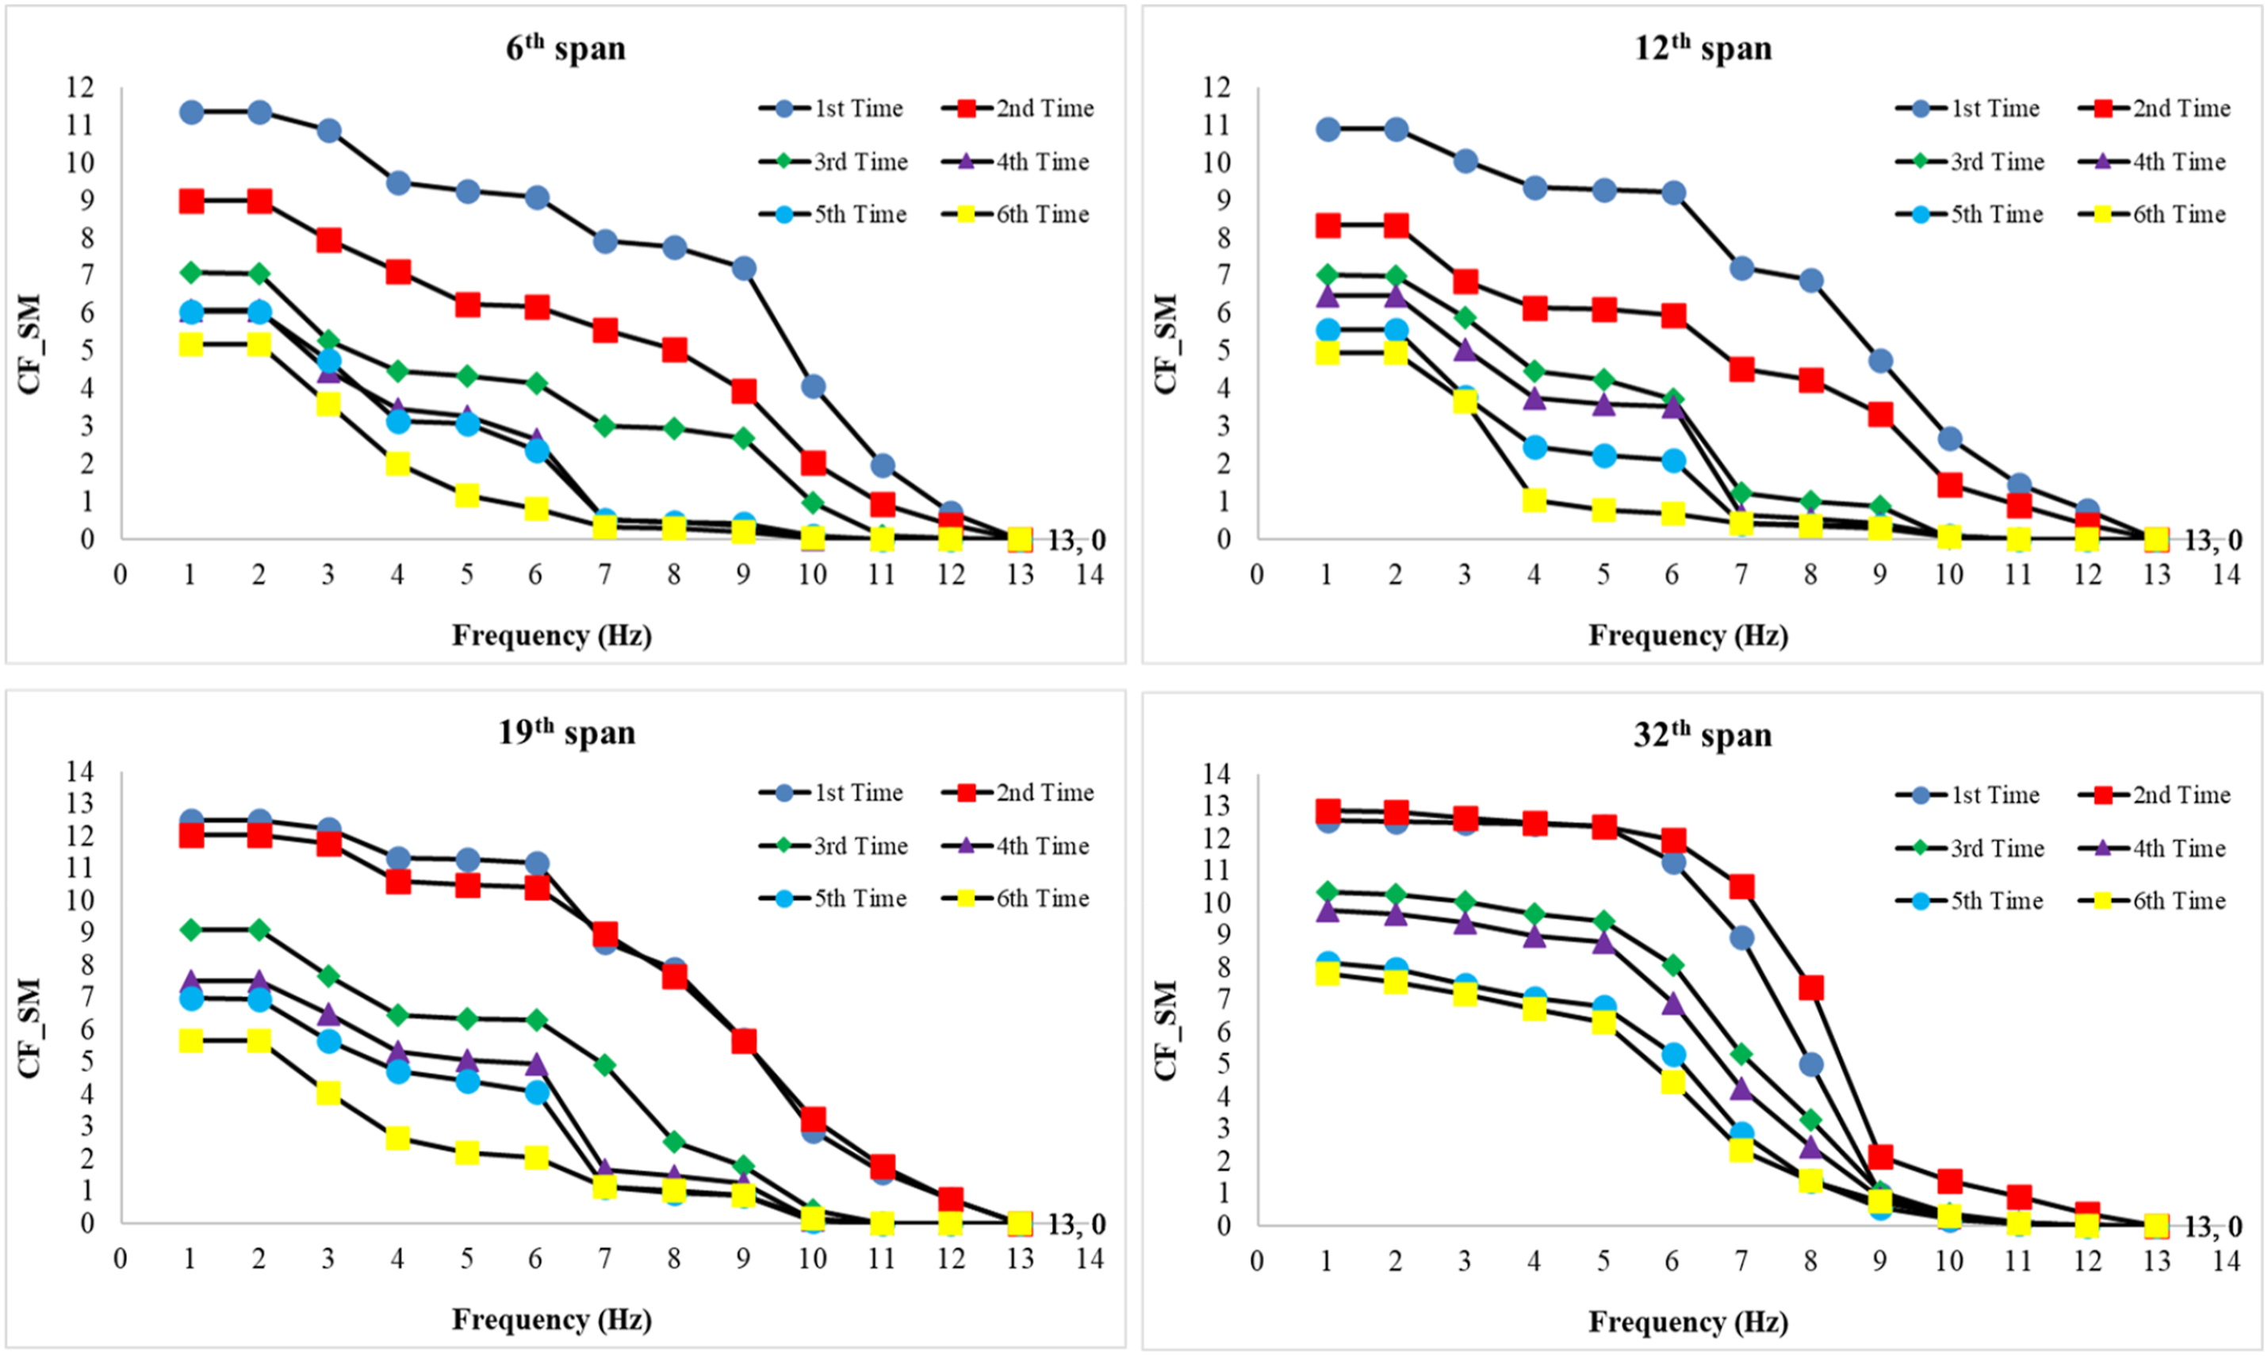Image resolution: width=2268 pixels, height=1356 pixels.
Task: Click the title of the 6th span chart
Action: click(565, 47)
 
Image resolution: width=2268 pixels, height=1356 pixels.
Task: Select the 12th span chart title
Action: click(1703, 47)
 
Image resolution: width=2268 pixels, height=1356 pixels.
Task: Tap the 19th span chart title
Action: click(565, 731)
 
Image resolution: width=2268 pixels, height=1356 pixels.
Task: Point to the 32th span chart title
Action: click(1703, 734)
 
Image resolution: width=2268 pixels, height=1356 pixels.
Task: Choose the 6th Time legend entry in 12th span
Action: click(2153, 215)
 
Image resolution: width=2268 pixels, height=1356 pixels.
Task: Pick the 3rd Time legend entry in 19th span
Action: click(833, 846)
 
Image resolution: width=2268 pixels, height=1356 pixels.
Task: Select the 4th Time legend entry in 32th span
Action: click(2153, 848)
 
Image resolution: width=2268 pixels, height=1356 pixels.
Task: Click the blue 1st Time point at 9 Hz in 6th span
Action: click(744, 269)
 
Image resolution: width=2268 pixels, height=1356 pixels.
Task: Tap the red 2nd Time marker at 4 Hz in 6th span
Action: click(397, 272)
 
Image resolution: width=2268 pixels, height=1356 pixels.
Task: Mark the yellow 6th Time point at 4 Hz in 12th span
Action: click(1534, 500)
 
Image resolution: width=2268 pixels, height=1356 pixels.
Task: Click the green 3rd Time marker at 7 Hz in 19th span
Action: click(605, 1064)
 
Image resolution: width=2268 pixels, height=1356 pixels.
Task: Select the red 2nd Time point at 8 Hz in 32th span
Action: click(1811, 988)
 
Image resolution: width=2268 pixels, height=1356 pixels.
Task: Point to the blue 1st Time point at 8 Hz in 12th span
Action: click(1811, 281)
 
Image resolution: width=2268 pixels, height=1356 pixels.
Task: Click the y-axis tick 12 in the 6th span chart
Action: click(80, 88)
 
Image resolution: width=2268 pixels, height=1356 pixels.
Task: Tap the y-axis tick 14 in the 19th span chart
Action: click(80, 772)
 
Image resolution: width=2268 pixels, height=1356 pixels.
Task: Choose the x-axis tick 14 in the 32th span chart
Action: click(2226, 1262)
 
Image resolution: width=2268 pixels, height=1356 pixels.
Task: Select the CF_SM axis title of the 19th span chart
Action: click(29, 1028)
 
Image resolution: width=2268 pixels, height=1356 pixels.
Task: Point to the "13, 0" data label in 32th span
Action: click(2213, 1228)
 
